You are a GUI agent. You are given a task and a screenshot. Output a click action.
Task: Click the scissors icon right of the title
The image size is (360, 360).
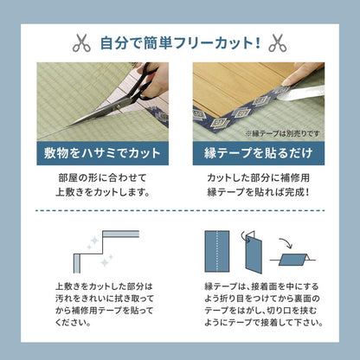277,42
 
